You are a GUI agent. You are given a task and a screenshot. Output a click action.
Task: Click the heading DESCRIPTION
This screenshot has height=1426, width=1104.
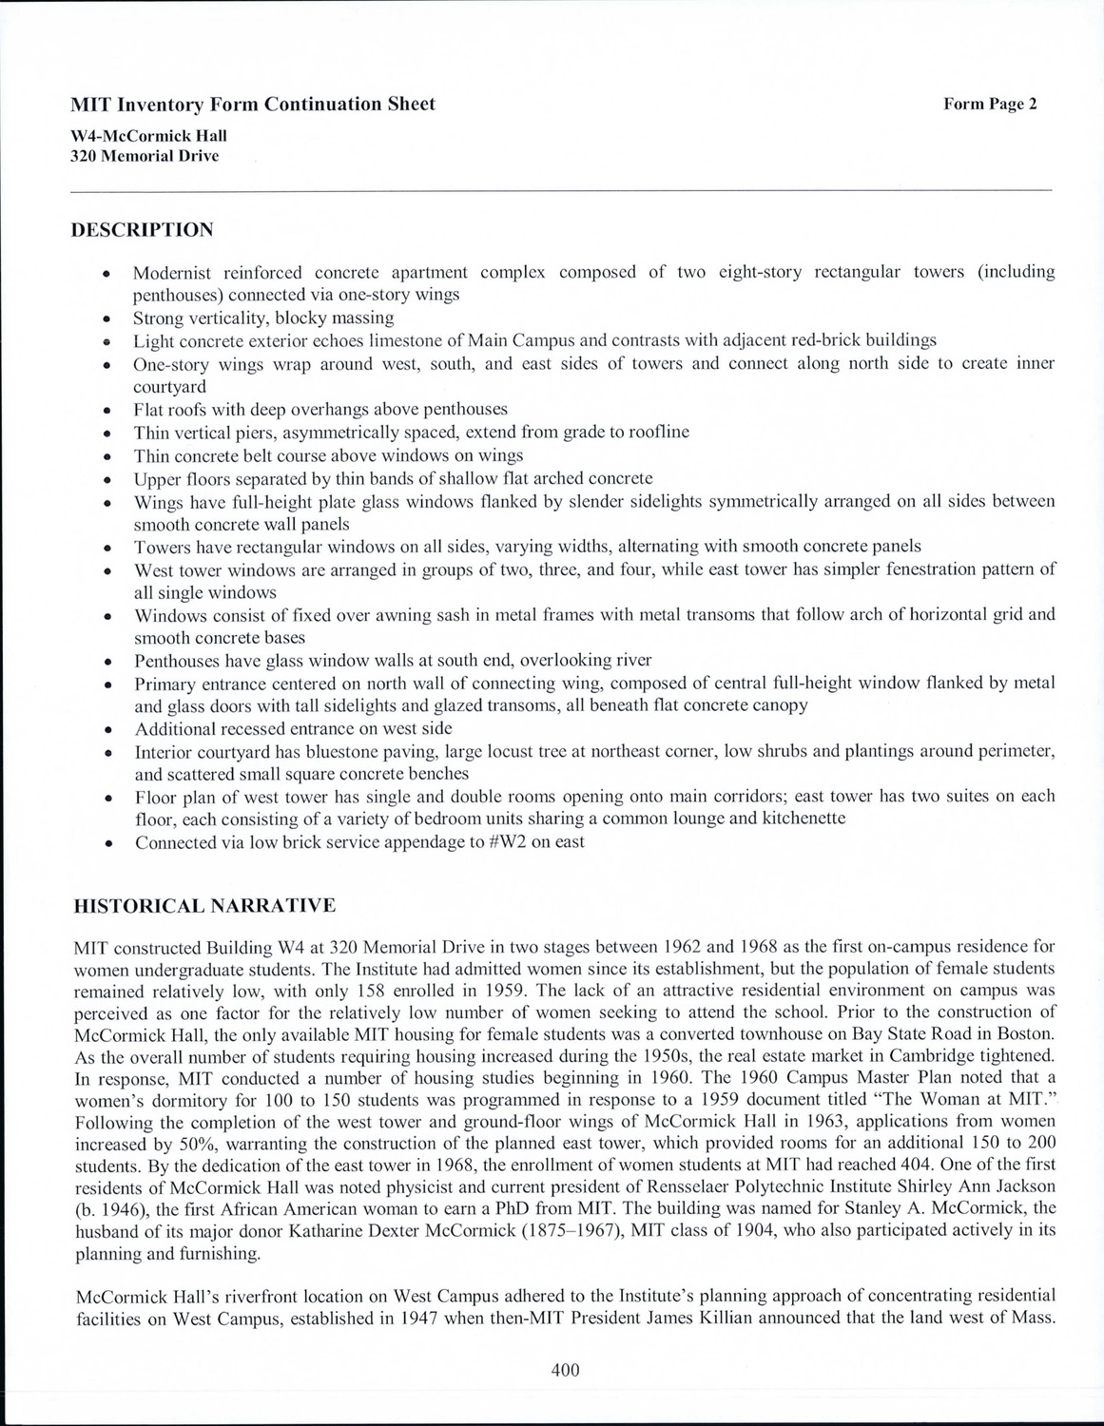(x=143, y=230)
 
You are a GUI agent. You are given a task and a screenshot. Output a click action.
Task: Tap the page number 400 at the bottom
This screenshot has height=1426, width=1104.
(x=565, y=1370)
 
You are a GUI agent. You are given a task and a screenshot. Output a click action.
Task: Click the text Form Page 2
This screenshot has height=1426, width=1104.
(x=990, y=105)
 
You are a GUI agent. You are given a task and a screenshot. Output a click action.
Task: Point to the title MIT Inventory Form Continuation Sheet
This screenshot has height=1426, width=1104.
(x=253, y=105)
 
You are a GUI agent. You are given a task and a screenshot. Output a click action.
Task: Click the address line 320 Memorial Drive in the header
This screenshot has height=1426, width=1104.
(x=145, y=156)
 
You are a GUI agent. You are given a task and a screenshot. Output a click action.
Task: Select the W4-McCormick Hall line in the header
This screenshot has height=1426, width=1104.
(x=148, y=136)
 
